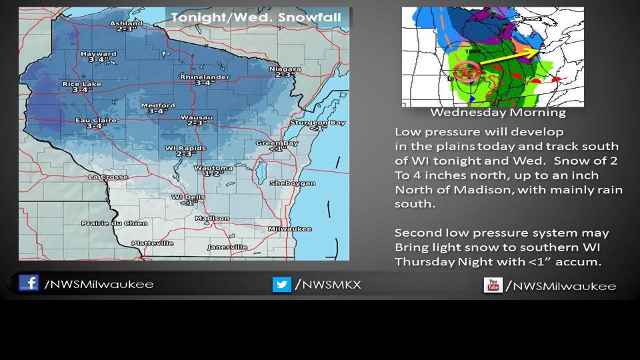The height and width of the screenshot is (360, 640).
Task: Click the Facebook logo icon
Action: point(29,283)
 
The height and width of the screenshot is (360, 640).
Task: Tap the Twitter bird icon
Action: point(281,285)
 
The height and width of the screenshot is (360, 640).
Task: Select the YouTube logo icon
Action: point(493,285)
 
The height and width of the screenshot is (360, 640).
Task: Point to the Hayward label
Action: point(93,54)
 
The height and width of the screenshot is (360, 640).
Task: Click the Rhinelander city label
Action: point(205,77)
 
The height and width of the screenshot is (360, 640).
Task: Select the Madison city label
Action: point(212,218)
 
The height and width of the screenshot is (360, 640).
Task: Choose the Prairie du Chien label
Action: point(105,223)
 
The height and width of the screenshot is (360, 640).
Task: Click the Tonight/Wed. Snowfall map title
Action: point(256,17)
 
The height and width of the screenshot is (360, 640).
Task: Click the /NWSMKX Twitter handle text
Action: point(327,285)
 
